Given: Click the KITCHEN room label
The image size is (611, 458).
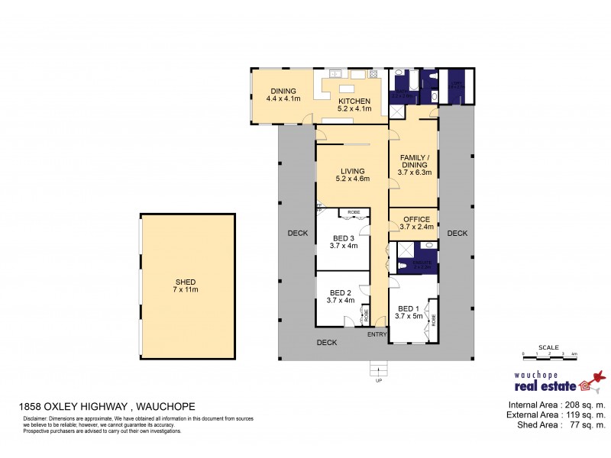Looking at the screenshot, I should pos(354,101).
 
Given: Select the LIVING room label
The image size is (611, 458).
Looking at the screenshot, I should pos(352,171).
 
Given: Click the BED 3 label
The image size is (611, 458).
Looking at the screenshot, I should pos(343,237).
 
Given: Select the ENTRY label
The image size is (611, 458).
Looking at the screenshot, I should pos(377,334).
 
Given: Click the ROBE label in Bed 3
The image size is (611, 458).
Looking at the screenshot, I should pos(354,211).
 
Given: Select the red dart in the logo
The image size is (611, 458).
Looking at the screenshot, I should pos(600,375).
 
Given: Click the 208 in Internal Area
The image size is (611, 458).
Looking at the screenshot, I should pos(567,405).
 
